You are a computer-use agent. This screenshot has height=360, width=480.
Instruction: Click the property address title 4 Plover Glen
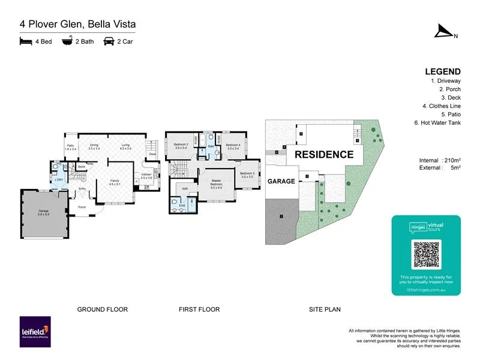pyautogui.click(x=77, y=24)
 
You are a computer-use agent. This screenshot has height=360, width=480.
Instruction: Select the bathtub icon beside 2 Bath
pyautogui.click(x=67, y=42)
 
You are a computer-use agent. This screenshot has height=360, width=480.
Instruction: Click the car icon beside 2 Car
pyautogui.click(x=109, y=42)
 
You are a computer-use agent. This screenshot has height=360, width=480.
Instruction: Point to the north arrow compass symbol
pyautogui.click(x=445, y=31)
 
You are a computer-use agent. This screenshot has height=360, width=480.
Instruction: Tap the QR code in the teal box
pyautogui.click(x=426, y=255)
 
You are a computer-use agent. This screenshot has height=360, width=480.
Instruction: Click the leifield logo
pyautogui.click(x=35, y=332)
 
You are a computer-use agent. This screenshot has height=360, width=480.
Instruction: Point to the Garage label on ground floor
pyautogui.click(x=43, y=211)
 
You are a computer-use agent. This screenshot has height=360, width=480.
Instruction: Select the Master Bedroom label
pyautogui.click(x=216, y=185)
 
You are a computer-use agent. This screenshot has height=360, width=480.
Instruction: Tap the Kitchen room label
pyautogui.click(x=147, y=176)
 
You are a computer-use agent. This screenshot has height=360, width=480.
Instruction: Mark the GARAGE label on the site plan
pyautogui.click(x=282, y=181)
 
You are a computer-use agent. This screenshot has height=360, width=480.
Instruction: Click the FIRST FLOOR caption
pyautogui.click(x=199, y=310)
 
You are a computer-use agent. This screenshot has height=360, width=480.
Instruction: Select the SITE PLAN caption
pyautogui.click(x=324, y=310)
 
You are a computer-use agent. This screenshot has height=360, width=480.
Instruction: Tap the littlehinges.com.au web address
pyautogui.click(x=426, y=289)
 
